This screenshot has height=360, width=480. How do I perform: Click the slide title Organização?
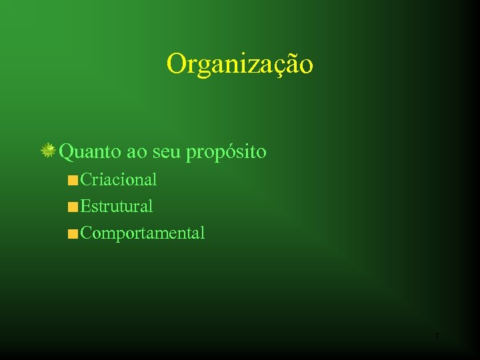[239, 65]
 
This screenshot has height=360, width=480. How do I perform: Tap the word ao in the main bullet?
[137, 152]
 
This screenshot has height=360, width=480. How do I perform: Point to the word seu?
[167, 152]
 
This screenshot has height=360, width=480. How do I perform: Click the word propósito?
[226, 153]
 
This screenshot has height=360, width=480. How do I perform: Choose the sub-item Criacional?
[118, 179]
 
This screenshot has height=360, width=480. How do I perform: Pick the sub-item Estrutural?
[116, 207]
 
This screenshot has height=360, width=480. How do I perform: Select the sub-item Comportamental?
[142, 233]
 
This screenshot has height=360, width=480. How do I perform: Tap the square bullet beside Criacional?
[73, 180]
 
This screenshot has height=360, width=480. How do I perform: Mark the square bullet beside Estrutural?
[73, 207]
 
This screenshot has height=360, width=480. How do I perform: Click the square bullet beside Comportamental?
[73, 234]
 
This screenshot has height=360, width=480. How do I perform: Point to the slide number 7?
[437, 337]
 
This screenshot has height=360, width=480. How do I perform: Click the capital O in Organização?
[177, 64]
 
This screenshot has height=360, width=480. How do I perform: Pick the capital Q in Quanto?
[67, 152]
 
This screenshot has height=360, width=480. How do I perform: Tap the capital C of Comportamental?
[86, 233]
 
